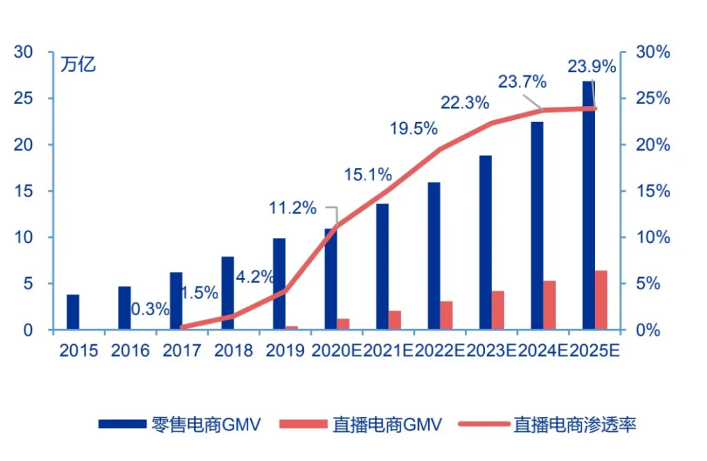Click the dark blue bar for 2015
[x=73, y=312]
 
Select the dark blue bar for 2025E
[x=588, y=205]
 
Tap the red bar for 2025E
[x=601, y=300]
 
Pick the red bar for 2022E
[x=446, y=315]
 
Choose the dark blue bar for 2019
[x=279, y=284]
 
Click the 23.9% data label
[x=592, y=67]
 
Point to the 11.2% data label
[x=292, y=208]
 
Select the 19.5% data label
[x=413, y=129]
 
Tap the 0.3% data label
[x=150, y=309]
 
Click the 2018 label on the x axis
[x=233, y=350]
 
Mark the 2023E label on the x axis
[x=491, y=350]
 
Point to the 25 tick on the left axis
[x=23, y=98]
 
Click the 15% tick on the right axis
[x=653, y=191]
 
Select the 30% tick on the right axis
[x=653, y=52]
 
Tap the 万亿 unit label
[x=78, y=64]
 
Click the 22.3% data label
[x=465, y=103]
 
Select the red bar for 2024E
[x=549, y=305]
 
